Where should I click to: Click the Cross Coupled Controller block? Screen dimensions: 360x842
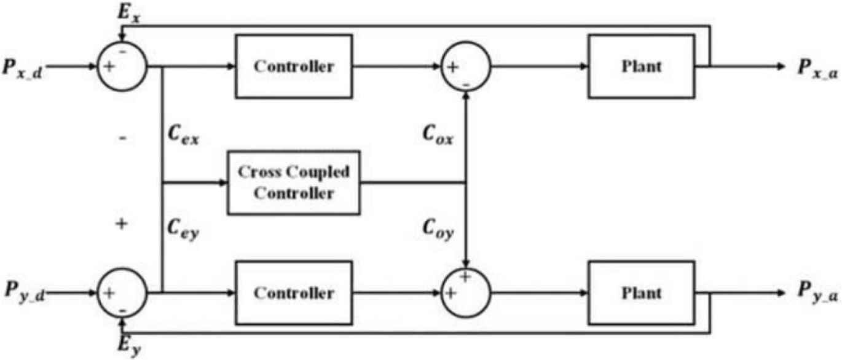[294, 182]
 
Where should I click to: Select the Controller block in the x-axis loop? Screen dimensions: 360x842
[294, 66]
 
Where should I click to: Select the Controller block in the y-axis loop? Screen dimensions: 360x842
[294, 293]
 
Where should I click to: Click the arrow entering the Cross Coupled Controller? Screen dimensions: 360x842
[222, 182]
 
